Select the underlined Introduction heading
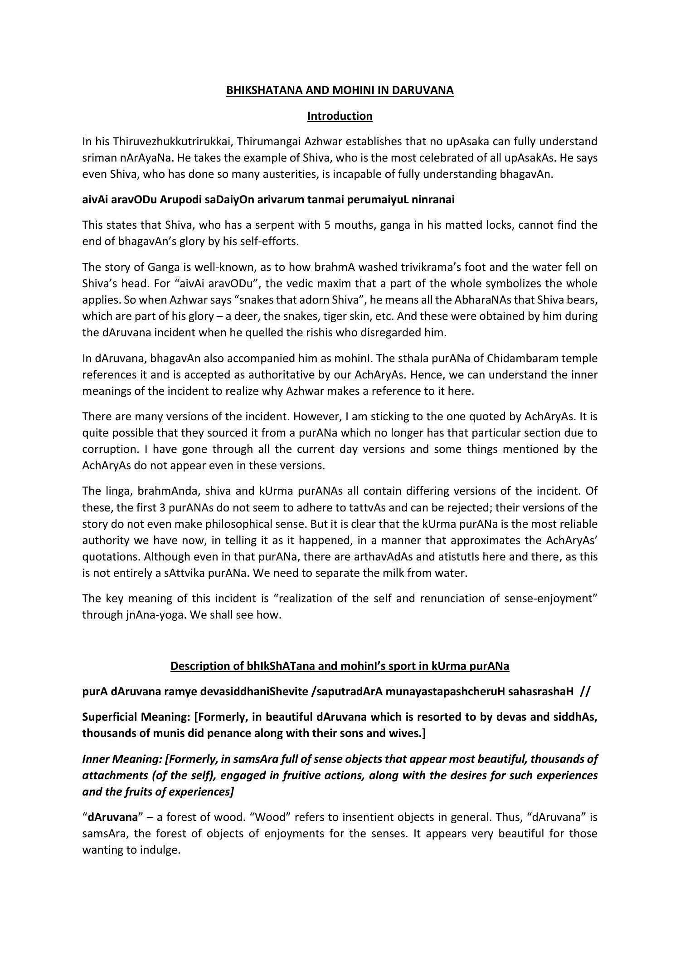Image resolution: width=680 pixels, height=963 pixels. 340,116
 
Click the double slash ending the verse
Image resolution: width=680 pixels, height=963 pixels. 585,692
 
